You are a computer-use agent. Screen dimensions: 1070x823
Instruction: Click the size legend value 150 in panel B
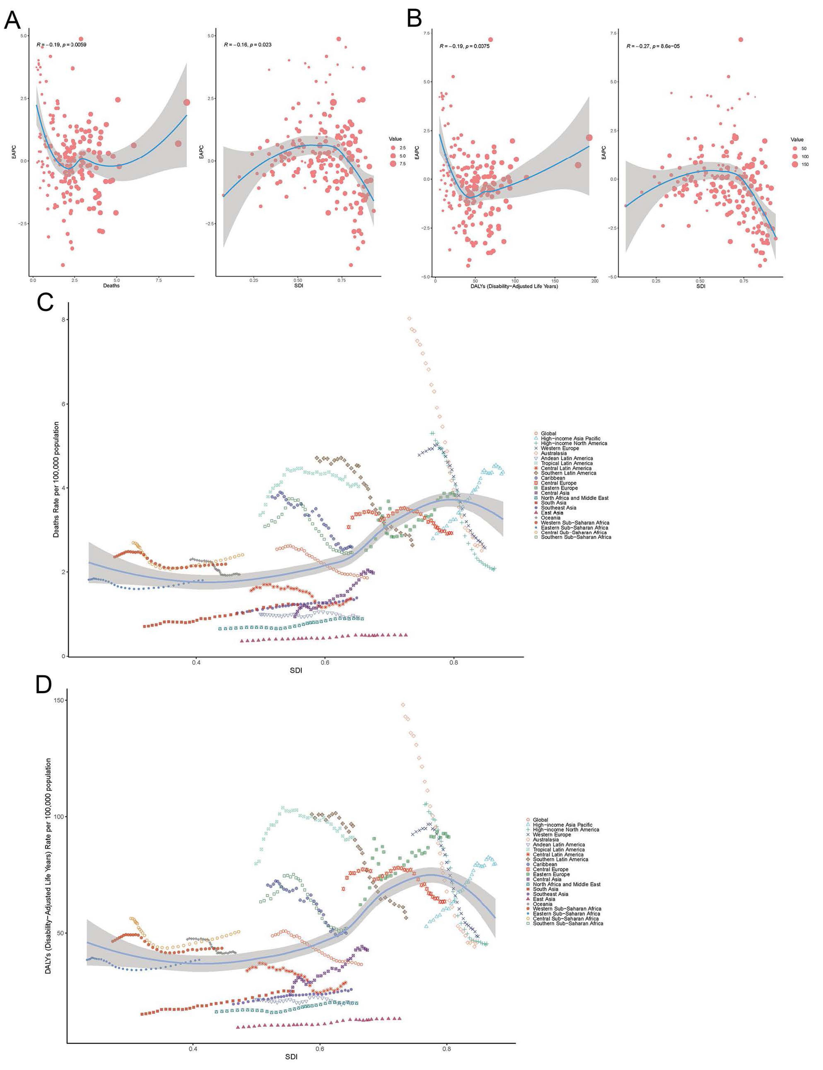click(x=804, y=165)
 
